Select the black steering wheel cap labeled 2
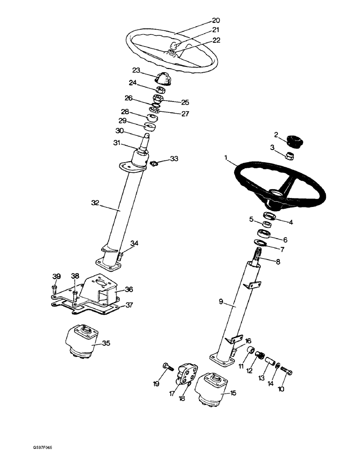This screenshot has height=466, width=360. coord(294,140)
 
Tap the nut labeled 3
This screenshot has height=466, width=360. coord(289,156)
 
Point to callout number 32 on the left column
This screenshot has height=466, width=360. coord(95,203)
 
